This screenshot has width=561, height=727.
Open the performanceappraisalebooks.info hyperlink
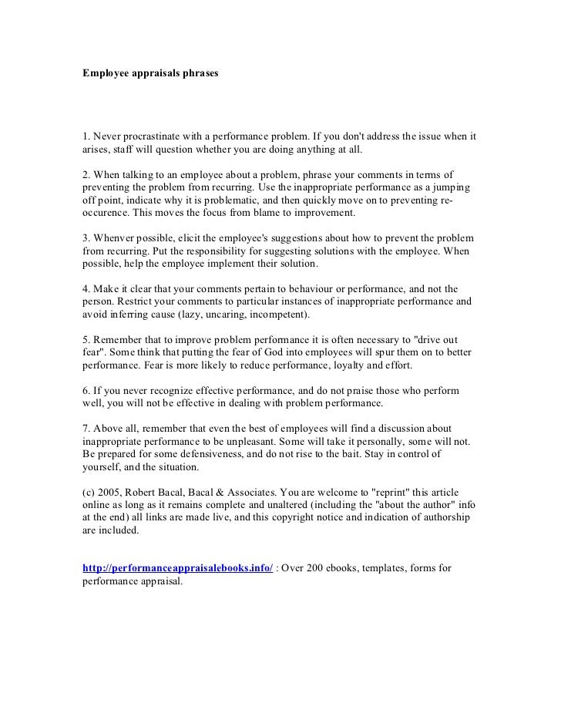[177, 569]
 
